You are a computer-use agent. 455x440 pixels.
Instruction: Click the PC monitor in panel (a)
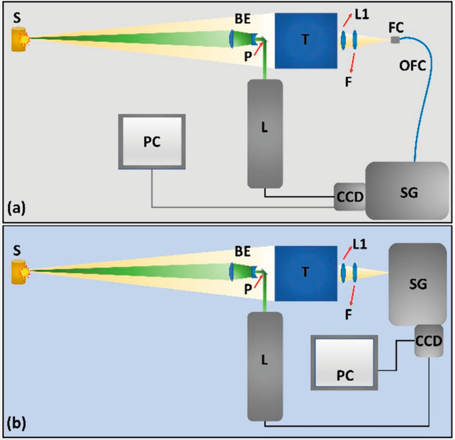(x=151, y=142)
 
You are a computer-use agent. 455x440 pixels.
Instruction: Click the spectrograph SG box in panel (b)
(x=416, y=284)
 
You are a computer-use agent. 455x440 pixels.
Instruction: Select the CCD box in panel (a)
(x=349, y=197)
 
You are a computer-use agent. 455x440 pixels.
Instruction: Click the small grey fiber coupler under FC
(x=395, y=41)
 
